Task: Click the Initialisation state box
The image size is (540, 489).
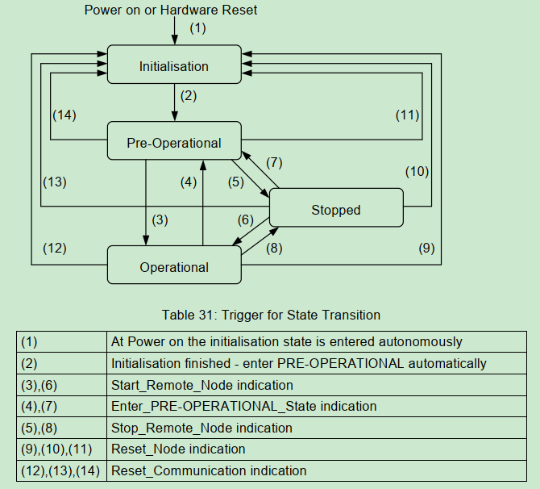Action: coord(174,66)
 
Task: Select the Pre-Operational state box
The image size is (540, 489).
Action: coord(174,143)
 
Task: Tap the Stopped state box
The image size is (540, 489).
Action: coord(335,210)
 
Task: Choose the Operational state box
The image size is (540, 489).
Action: coord(174,267)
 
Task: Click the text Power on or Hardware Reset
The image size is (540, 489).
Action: coord(171,10)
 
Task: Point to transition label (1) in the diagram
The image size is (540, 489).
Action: coord(197,28)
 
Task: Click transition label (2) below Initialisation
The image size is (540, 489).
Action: coord(189,95)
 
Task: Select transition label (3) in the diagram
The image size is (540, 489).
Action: coord(160,219)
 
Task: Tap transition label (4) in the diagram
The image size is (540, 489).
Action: coord(189,182)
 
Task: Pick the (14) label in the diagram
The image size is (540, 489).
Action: coord(64,115)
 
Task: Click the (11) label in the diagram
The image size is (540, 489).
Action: coord(407,115)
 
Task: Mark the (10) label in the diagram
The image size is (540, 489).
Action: coord(417,171)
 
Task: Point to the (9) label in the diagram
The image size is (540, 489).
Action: coord(426,249)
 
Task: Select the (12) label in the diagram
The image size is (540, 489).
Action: coord(54,249)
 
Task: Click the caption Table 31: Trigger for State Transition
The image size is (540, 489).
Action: coord(271,315)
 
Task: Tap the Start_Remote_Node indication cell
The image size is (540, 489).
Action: coord(201,385)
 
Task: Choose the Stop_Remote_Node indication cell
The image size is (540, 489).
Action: coord(201,428)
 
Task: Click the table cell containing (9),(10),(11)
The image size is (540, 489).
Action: coord(61,449)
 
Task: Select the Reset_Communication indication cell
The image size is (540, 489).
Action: coord(209,470)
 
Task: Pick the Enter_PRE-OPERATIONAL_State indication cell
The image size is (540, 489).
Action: coord(243,406)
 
